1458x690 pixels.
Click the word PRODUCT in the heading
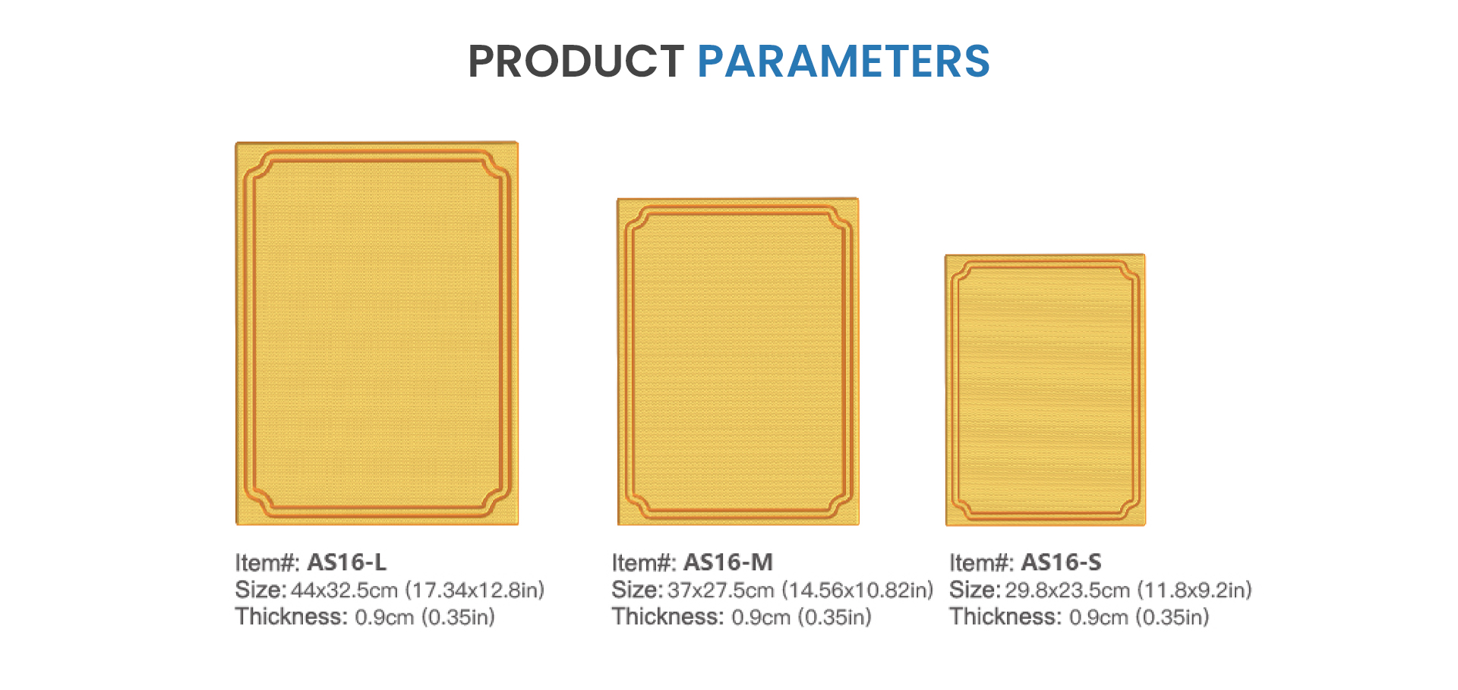pos(576,61)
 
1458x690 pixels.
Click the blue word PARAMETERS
pos(844,61)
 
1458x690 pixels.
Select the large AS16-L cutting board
pos(377,332)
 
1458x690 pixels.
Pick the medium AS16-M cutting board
pos(737,361)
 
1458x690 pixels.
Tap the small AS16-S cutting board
pos(1045,390)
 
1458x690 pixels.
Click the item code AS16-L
pos(347,562)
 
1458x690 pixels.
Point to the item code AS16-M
pos(728,562)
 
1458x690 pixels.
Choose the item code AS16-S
pos(1061,562)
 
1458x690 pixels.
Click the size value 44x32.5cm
pos(345,591)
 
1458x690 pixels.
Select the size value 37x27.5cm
pos(721,591)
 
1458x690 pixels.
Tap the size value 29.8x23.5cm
pos(1068,591)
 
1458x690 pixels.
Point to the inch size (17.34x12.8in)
pos(475,591)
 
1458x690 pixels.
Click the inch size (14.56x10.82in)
pos(857,591)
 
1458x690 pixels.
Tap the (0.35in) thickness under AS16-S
pos(1172,617)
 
